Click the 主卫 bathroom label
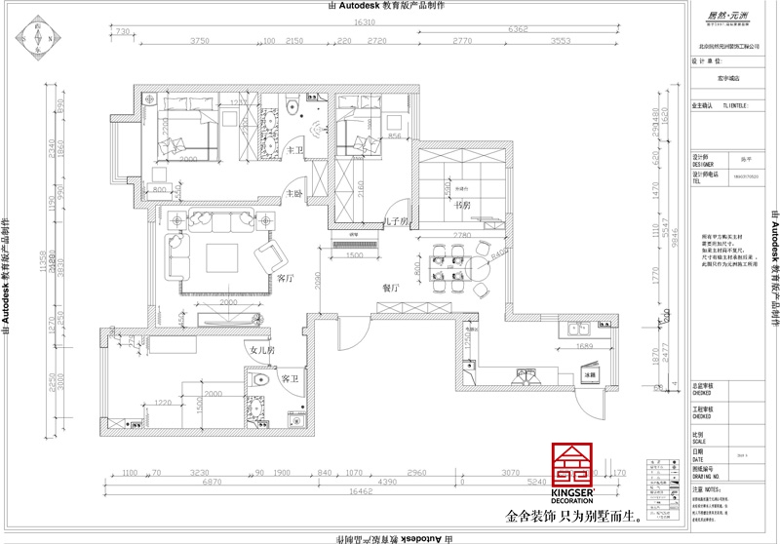296,150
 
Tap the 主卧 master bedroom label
294,195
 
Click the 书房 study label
463,206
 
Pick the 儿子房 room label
396,222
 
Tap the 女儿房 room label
262,349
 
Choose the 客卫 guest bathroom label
290,377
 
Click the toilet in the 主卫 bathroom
295,111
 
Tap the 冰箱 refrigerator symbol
590,373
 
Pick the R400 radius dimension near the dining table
498,254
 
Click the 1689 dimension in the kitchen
584,346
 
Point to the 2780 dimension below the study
462,236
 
